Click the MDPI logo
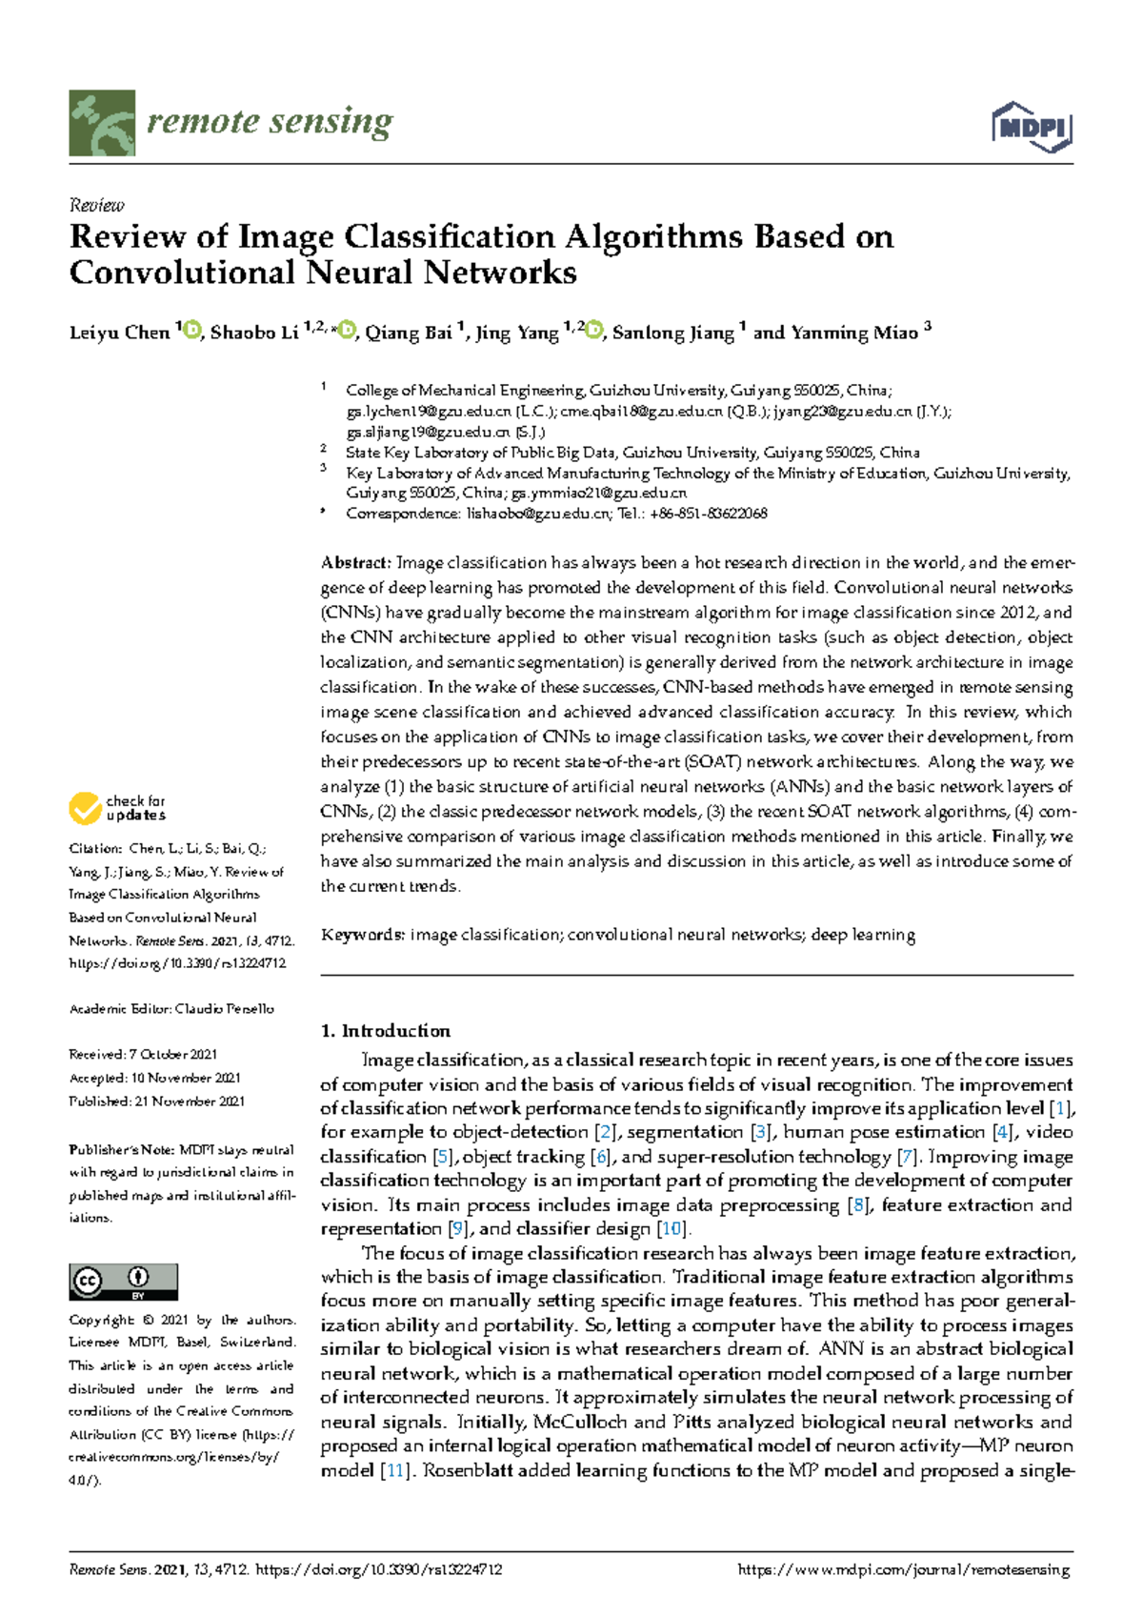click(1032, 127)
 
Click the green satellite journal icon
click(102, 123)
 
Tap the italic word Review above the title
click(96, 205)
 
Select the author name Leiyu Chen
click(119, 333)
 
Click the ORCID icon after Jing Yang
click(595, 331)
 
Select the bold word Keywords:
click(362, 935)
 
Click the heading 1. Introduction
click(385, 1031)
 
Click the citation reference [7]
click(909, 1157)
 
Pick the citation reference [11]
click(395, 1470)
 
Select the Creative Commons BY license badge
click(123, 1282)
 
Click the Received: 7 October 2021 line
click(143, 1055)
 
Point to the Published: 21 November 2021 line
click(156, 1101)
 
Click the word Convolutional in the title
click(182, 273)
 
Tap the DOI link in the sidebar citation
click(177, 963)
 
